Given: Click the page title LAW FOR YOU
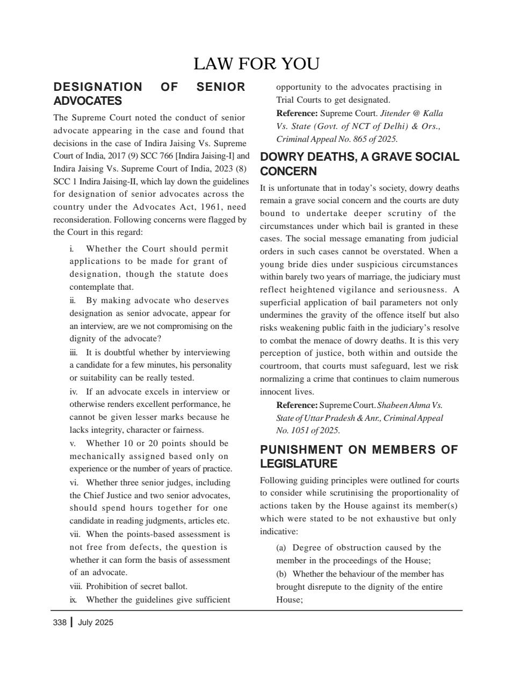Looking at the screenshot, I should coord(256,64).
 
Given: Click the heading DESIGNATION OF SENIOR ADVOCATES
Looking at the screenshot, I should coord(149,94).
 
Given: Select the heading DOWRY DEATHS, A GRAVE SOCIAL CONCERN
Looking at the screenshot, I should coord(359,164).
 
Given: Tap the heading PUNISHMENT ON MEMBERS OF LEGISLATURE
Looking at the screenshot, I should coord(358,456).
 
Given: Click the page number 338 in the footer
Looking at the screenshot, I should coord(60,622).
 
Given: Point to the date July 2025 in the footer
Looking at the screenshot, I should coord(96,622).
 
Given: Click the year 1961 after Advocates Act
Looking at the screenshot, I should coord(210,207).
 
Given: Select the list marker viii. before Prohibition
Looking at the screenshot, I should coord(76,586).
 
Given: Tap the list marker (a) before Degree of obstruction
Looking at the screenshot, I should coord(281,548).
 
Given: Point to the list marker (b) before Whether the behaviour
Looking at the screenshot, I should coord(281,574).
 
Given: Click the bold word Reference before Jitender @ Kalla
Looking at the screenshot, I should coord(297,113).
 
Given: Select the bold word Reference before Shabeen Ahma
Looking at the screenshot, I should coord(297,405).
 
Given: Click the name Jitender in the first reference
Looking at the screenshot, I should coord(394,113).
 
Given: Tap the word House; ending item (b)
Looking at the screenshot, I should coord(289,600).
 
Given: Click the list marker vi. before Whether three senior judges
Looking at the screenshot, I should coord(74,483).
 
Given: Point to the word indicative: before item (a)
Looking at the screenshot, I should coord(279,532).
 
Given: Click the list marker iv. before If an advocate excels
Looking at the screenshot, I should coord(74,392).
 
